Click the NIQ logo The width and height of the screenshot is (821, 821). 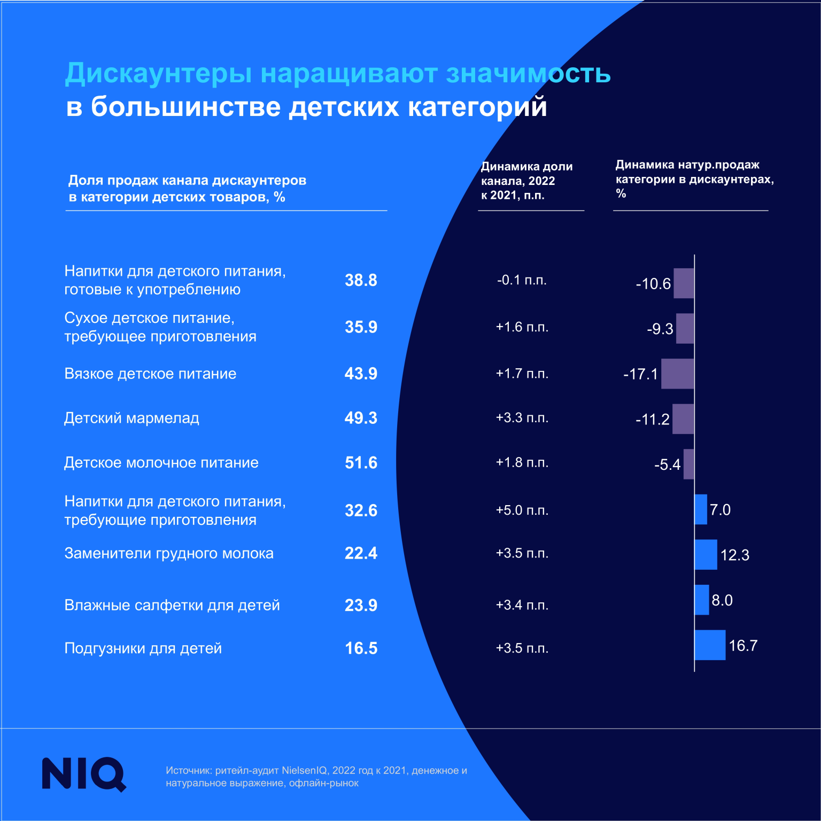(84, 773)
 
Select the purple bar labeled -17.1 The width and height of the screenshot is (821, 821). (677, 374)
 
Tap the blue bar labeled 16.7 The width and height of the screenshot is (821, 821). (710, 645)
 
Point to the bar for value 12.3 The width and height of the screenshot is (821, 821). (706, 555)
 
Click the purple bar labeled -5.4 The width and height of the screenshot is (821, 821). (688, 464)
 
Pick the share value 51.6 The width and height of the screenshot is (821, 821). (361, 463)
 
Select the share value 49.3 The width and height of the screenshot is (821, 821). (361, 418)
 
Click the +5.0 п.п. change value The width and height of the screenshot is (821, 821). (522, 510)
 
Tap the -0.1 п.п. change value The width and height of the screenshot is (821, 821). (522, 280)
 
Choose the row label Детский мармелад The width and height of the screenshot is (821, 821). (131, 418)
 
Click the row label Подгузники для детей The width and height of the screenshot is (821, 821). (143, 648)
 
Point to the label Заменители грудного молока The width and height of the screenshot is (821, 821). (169, 553)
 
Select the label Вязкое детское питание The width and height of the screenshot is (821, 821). (150, 374)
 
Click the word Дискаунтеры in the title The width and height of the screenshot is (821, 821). (158, 74)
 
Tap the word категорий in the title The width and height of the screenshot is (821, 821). (477, 107)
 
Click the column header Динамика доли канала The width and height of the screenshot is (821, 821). (526, 181)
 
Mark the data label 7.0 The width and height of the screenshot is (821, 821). (720, 510)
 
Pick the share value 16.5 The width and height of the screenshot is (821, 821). (361, 648)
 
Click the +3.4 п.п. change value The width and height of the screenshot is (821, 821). (522, 605)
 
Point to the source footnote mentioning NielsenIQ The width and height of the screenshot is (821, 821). (316, 777)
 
